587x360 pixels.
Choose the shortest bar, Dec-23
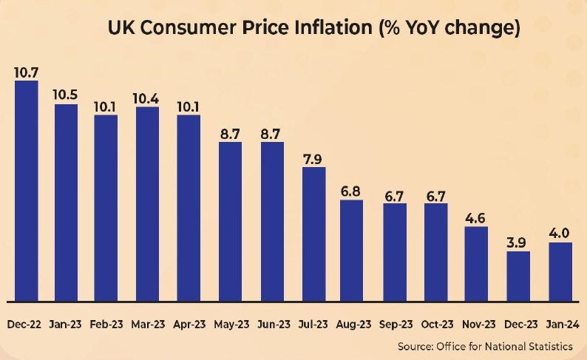(x=519, y=276)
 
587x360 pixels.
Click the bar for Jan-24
(x=560, y=272)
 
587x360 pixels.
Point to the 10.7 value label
(x=26, y=72)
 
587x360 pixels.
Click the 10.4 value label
(x=147, y=98)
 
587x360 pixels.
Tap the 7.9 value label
(x=314, y=158)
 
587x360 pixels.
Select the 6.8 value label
(x=351, y=191)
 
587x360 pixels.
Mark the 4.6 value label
(x=476, y=217)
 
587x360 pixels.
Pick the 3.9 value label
(x=519, y=242)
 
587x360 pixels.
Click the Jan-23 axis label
(x=65, y=324)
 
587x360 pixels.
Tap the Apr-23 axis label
(x=190, y=324)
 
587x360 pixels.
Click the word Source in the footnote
(x=414, y=346)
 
